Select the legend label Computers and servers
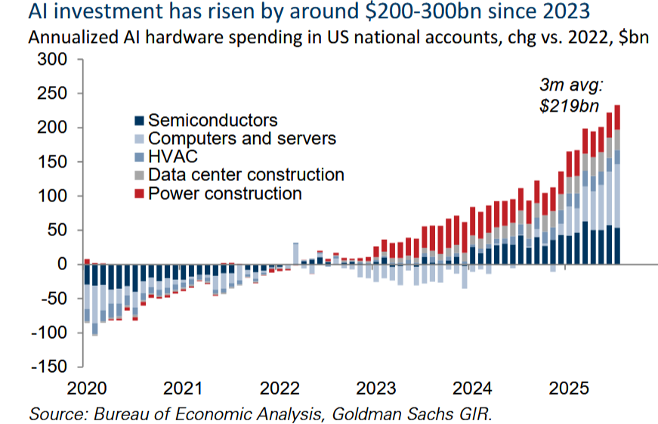(x=242, y=139)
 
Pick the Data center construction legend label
(x=246, y=175)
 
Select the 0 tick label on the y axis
(x=63, y=264)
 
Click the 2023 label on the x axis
(x=377, y=389)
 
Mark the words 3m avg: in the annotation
(x=568, y=87)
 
